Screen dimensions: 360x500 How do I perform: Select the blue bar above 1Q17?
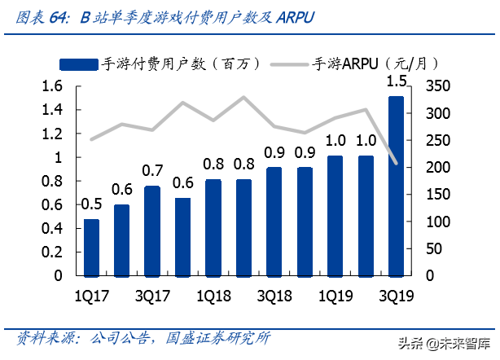pyautogui.click(x=92, y=248)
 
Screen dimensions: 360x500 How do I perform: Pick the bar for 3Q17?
pyautogui.click(x=152, y=230)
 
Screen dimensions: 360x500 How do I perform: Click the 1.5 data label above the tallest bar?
pyautogui.click(x=396, y=81)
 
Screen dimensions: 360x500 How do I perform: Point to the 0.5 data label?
pyautogui.click(x=92, y=204)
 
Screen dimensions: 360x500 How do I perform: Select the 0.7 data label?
pyautogui.click(x=152, y=170)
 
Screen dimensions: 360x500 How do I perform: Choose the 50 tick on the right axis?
pyautogui.click(x=433, y=248)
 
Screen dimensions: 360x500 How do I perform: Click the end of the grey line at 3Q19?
pyautogui.click(x=396, y=164)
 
